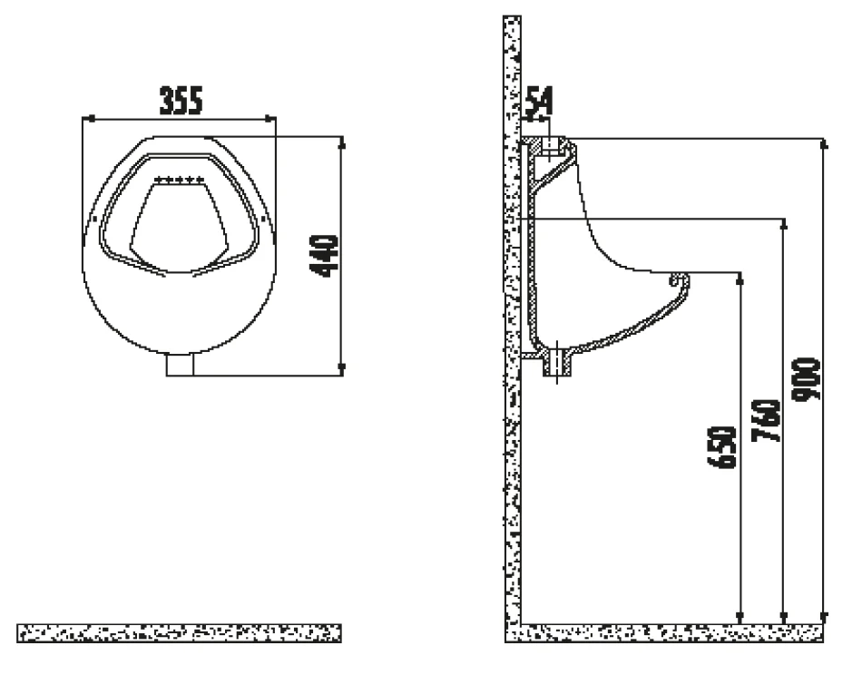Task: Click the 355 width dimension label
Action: point(181,101)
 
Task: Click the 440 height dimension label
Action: point(324,256)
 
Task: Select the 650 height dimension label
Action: point(721,447)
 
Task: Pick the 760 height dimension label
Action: point(766,420)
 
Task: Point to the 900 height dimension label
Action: point(806,379)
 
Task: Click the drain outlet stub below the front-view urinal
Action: point(181,365)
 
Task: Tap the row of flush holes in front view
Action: point(180,180)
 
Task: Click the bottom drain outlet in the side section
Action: point(557,362)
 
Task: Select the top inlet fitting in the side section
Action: point(550,146)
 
